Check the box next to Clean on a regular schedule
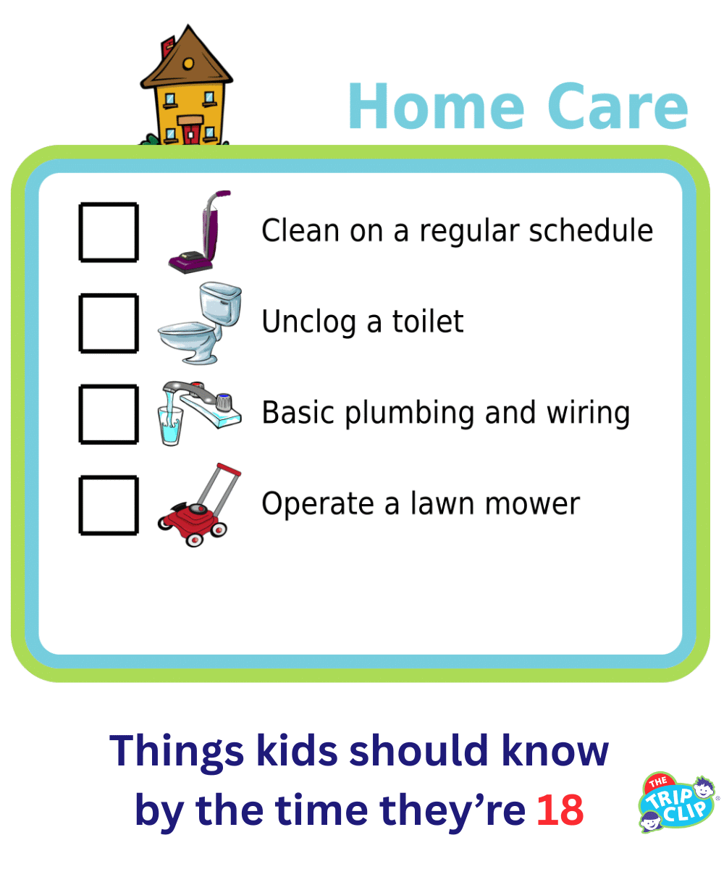[108, 232]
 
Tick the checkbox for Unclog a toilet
[108, 322]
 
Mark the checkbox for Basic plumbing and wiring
[108, 414]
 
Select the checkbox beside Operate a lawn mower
[108, 505]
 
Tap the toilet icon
[200, 324]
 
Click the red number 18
[560, 810]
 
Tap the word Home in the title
[435, 107]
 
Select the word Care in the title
[618, 107]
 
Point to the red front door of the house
[190, 133]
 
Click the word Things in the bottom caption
[178, 751]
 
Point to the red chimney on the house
[167, 45]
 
